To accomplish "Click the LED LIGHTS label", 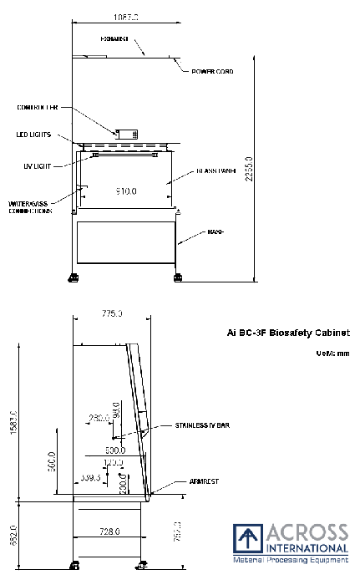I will [35, 134].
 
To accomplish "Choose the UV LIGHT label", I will [38, 165].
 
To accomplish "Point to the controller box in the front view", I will [127, 134].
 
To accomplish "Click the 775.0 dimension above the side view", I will [112, 313].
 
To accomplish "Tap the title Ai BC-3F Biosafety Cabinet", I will [287, 333].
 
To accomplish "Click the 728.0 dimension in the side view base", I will [110, 531].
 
